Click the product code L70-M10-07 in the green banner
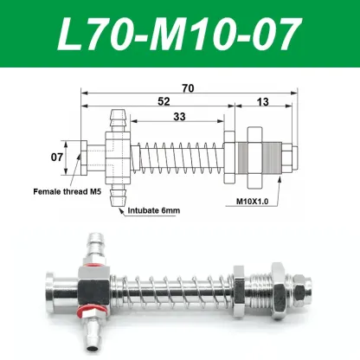(x=180, y=35)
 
